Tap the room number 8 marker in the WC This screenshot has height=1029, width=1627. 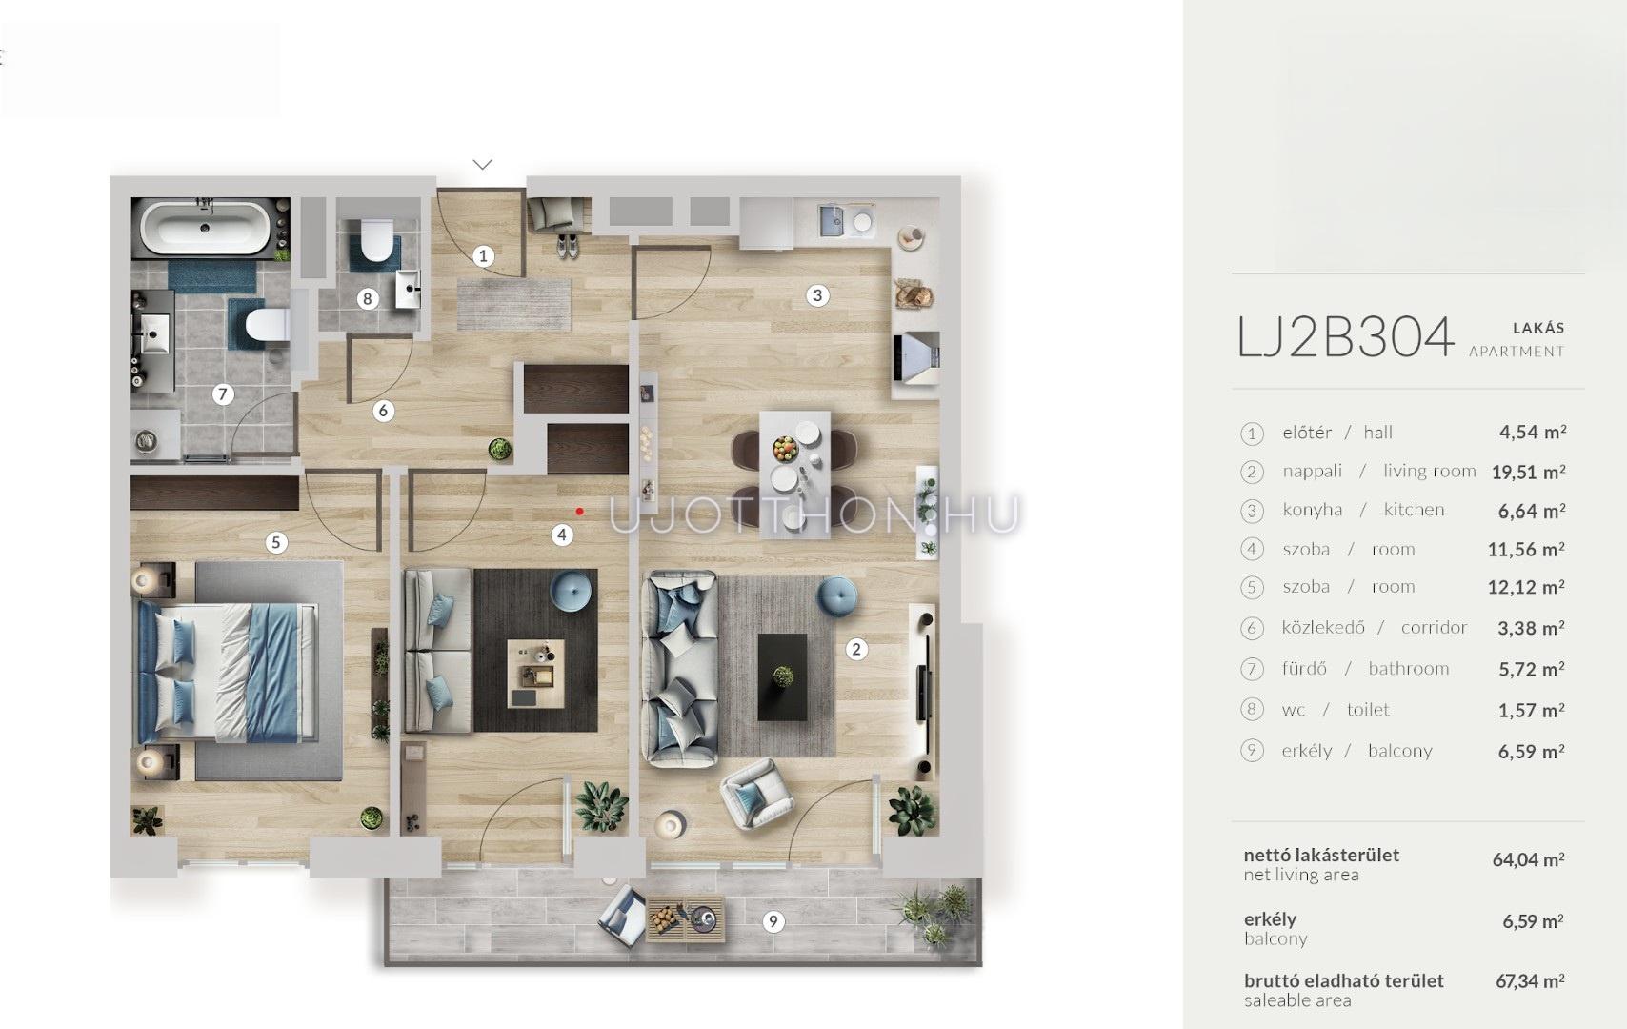(x=368, y=298)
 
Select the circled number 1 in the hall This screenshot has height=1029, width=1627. (x=483, y=255)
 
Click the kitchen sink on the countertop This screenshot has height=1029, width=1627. (x=833, y=221)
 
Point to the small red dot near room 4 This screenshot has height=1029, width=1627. (x=579, y=512)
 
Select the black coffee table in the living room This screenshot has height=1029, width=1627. (x=782, y=676)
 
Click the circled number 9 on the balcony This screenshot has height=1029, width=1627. (x=773, y=922)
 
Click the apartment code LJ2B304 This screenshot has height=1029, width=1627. (x=1346, y=337)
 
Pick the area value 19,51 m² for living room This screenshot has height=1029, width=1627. (x=1528, y=473)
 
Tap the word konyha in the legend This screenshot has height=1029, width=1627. (x=1313, y=510)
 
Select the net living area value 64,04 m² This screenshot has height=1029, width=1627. (x=1528, y=859)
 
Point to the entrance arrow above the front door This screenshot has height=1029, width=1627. (x=483, y=165)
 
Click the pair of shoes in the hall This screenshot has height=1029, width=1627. (x=568, y=247)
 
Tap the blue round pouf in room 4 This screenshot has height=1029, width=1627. (x=571, y=590)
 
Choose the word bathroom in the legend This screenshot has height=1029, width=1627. (x=1408, y=669)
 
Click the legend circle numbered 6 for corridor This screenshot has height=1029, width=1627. (x=1252, y=628)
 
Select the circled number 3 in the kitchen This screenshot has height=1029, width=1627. (x=817, y=295)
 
